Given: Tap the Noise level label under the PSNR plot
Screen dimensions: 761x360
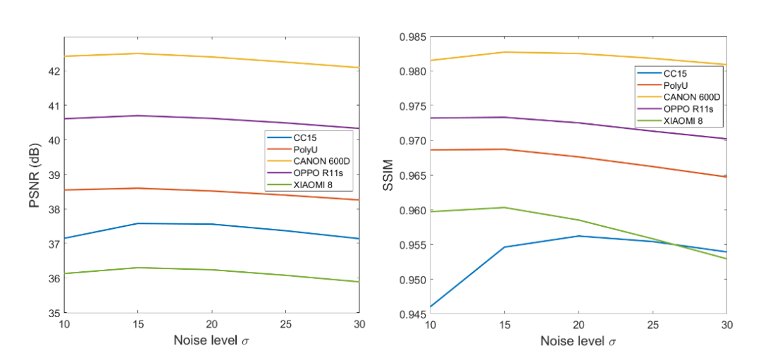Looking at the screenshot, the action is click(211, 341).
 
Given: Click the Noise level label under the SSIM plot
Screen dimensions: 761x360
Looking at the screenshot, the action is click(579, 341).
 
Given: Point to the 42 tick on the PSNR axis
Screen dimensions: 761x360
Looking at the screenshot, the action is click(54, 71).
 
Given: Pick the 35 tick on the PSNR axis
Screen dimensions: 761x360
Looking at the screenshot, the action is click(54, 313).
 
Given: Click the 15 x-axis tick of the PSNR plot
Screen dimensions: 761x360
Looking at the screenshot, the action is click(138, 323).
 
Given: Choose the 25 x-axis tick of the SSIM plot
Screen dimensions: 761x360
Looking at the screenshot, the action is click(652, 323).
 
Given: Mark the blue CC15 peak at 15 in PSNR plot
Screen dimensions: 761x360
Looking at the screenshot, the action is click(138, 223).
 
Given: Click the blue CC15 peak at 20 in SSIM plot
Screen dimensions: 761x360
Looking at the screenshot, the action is click(579, 236).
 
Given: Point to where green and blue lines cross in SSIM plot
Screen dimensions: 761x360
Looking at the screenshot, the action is click(676, 245).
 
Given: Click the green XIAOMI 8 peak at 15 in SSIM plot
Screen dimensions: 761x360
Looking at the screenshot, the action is click(505, 207).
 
